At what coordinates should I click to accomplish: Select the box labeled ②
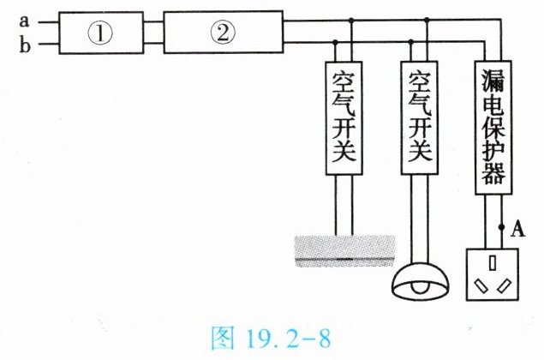pos(222,33)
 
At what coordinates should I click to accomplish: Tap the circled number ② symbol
pos(222,33)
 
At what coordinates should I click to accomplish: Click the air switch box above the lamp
pos(418,117)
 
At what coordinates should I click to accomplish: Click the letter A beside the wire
pos(517,228)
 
